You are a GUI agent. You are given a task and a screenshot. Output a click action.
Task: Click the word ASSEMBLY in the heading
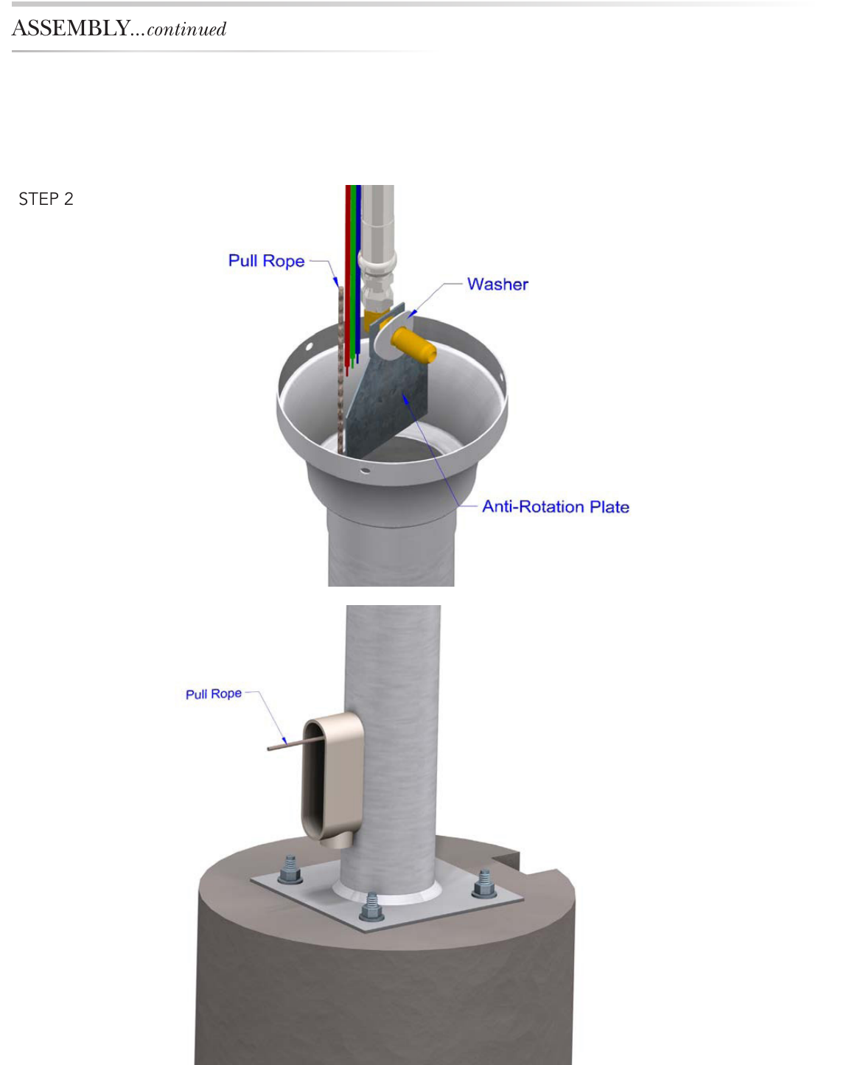tap(71, 29)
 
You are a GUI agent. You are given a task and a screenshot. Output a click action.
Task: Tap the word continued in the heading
tap(186, 29)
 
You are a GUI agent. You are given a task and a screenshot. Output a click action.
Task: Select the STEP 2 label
tap(46, 199)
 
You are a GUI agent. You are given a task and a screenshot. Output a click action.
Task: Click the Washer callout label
tap(497, 284)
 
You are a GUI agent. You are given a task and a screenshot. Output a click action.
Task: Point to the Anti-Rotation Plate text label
tap(556, 506)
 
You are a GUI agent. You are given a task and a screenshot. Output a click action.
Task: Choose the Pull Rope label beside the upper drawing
tap(266, 260)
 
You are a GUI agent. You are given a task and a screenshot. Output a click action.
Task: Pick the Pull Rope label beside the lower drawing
tap(214, 694)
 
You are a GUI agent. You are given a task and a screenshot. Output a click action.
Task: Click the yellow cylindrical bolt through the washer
tap(413, 344)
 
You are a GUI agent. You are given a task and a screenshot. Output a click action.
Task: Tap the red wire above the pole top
tap(348, 280)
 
